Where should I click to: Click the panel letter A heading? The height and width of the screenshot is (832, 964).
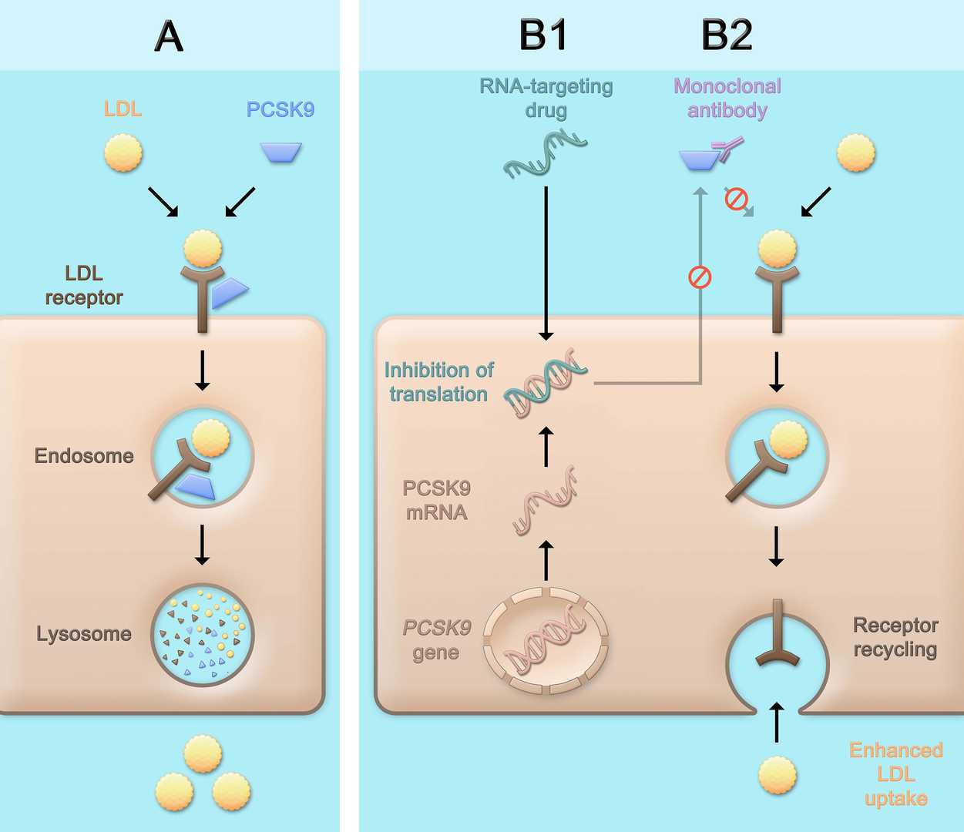[169, 35]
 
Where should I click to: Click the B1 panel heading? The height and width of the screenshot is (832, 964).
[543, 35]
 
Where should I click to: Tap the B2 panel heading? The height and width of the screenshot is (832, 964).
[727, 35]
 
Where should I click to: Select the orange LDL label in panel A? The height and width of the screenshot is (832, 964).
[123, 109]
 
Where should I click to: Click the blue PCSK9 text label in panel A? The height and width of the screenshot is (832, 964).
[280, 110]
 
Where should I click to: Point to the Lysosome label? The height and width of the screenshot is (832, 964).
[84, 634]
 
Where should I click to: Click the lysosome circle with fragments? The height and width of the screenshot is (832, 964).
[203, 635]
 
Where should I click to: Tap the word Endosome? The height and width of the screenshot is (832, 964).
[84, 456]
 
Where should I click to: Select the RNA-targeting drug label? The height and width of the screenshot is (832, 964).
[546, 98]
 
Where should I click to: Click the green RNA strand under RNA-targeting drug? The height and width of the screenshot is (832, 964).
[546, 154]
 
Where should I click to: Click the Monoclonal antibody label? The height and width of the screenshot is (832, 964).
[727, 98]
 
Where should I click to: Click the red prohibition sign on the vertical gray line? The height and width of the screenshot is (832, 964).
[700, 277]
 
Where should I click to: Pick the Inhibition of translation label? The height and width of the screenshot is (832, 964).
[438, 382]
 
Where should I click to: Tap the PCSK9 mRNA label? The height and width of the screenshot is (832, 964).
[436, 500]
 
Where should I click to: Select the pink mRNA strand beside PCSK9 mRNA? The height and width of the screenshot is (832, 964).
[546, 501]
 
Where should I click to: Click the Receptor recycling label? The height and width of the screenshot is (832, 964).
[895, 637]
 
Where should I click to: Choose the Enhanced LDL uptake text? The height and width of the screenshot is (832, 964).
[895, 774]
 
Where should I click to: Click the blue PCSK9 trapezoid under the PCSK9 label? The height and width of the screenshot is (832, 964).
[280, 153]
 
